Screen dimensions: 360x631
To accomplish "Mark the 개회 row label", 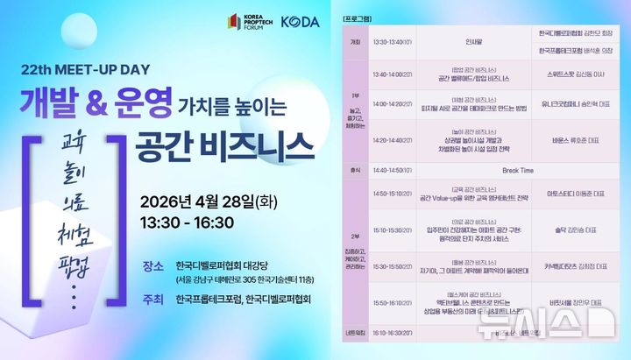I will (x=355, y=41).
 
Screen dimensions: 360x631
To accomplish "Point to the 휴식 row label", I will (x=355, y=171).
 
